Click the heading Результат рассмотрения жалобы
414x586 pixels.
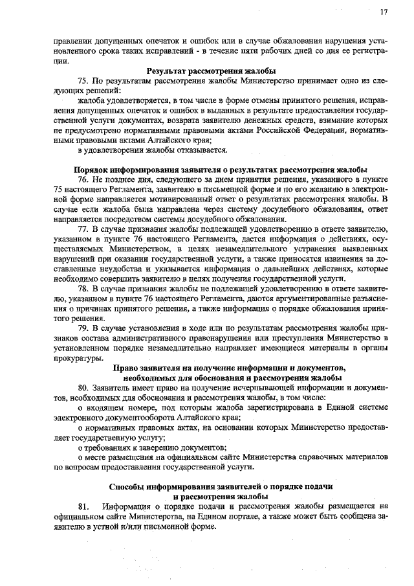click(212, 71)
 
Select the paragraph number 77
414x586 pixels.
click(83, 229)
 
